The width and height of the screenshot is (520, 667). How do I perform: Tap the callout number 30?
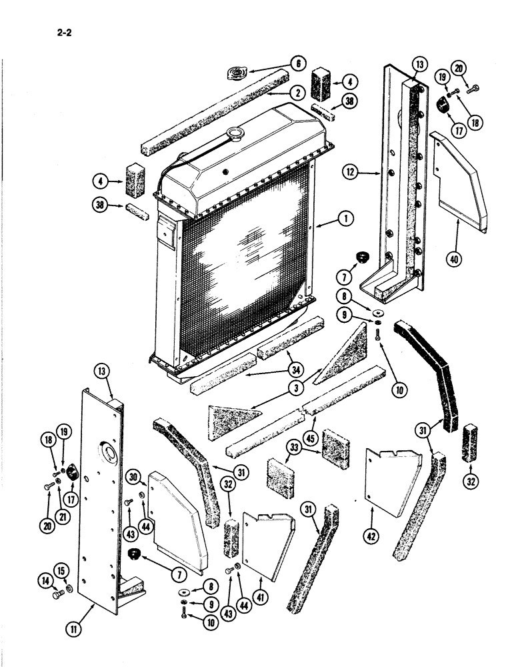pos(132,477)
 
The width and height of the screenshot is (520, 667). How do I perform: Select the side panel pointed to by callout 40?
pos(460,180)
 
